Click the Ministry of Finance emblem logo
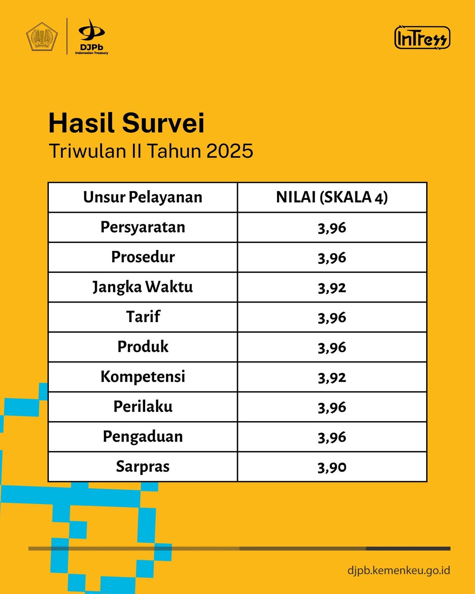pyautogui.click(x=42, y=37)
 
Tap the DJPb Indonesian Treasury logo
pyautogui.click(x=91, y=37)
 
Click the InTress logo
pyautogui.click(x=422, y=37)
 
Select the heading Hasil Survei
pyautogui.click(x=126, y=123)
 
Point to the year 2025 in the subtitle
pyautogui.click(x=230, y=151)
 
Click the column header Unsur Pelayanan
pyautogui.click(x=142, y=198)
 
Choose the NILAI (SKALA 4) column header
pyautogui.click(x=332, y=198)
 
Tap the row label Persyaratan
pyautogui.click(x=142, y=227)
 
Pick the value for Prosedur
pyautogui.click(x=332, y=258)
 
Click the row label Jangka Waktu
pyautogui.click(x=142, y=287)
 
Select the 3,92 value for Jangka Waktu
pyautogui.click(x=332, y=288)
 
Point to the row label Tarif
pyautogui.click(x=143, y=317)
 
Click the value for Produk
pyautogui.click(x=332, y=348)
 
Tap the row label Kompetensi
pyautogui.click(x=142, y=377)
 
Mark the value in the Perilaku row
pyautogui.click(x=332, y=407)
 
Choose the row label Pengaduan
pyautogui.click(x=142, y=437)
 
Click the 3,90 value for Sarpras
pyautogui.click(x=332, y=467)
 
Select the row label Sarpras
pyautogui.click(x=142, y=467)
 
